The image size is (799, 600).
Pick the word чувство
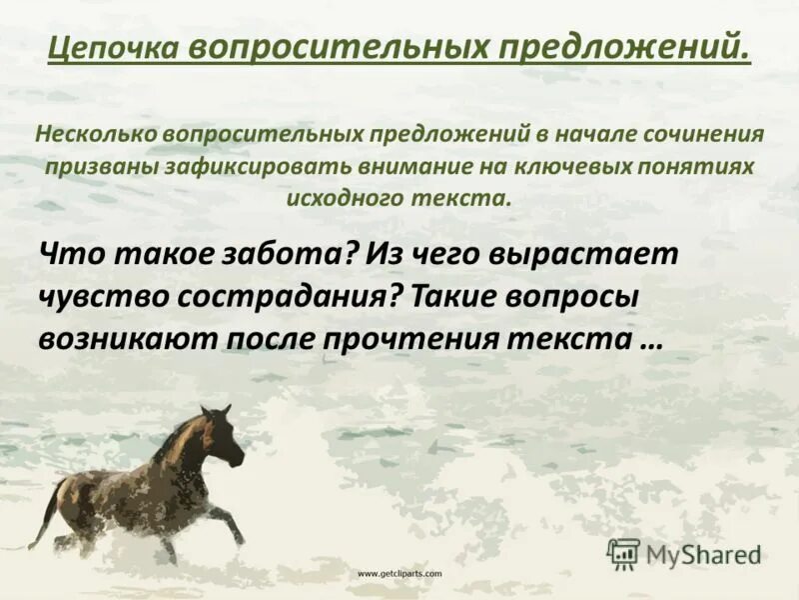click(x=99, y=297)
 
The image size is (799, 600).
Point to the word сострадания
click(x=292, y=297)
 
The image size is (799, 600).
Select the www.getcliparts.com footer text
click(x=399, y=574)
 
